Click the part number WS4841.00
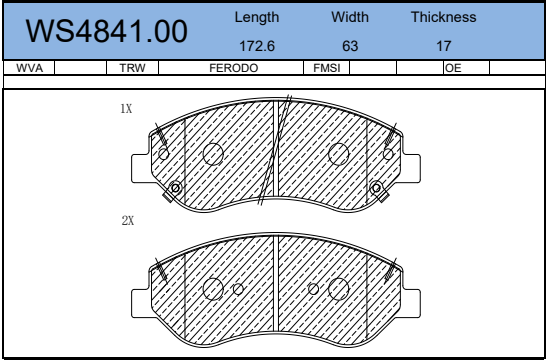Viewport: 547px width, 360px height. point(106,31)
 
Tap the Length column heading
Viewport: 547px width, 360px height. point(257,17)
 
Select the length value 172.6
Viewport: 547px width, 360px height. point(257,46)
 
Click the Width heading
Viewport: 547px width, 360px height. point(350,17)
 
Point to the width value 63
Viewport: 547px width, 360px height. point(350,46)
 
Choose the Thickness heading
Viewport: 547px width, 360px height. point(443,17)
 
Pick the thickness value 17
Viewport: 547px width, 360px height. point(444,46)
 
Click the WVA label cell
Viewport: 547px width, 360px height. point(29,68)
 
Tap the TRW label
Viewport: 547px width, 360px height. point(132,68)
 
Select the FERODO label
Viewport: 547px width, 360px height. point(234,68)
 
